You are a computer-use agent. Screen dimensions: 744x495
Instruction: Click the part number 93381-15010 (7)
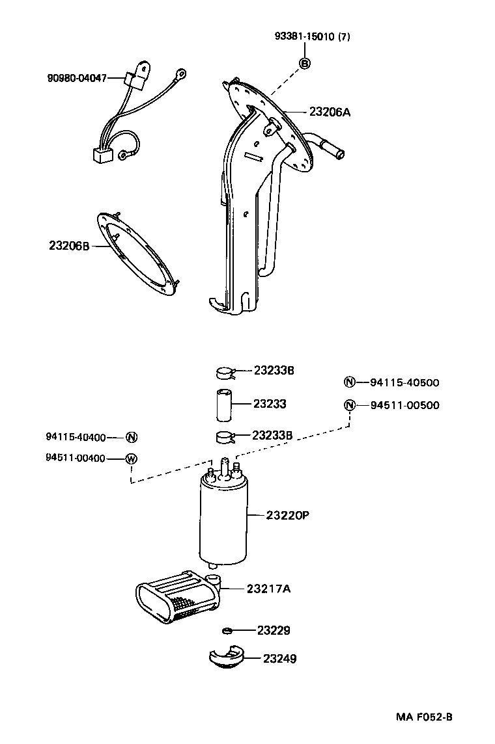[x=312, y=37]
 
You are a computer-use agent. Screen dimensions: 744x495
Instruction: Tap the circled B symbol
[x=305, y=62]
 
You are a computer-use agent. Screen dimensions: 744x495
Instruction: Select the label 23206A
[x=330, y=112]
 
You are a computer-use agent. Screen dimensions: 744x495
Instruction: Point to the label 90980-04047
[x=76, y=78]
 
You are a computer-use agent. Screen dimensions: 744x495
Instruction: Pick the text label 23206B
[x=69, y=246]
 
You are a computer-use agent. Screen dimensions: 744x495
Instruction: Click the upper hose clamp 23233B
[x=225, y=373]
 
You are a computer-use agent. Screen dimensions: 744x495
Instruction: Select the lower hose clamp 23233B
[x=225, y=435]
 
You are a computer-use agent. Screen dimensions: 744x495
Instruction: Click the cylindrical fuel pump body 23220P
[x=222, y=520]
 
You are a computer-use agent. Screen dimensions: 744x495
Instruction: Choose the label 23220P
[x=287, y=515]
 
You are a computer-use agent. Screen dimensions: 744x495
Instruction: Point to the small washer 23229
[x=227, y=630]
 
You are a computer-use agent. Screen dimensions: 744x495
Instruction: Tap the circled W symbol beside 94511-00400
[x=131, y=458]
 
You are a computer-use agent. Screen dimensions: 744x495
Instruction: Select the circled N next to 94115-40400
[x=131, y=437]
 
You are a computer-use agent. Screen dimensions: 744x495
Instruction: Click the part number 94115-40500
[x=404, y=382]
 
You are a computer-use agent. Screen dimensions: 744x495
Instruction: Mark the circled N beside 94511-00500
[x=349, y=405]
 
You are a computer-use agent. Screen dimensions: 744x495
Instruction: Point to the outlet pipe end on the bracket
[x=338, y=153]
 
